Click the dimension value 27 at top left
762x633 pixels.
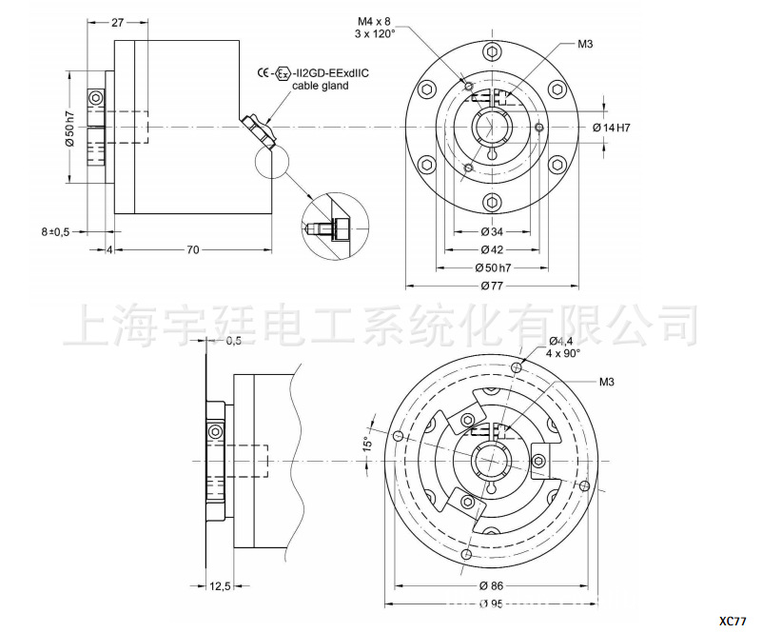click(x=118, y=22)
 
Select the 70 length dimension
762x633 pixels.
click(x=193, y=249)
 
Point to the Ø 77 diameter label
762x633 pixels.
click(x=492, y=285)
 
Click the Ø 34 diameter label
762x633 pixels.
click(x=492, y=231)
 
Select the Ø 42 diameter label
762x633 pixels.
click(x=492, y=249)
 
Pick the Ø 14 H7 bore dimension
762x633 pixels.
click(x=612, y=128)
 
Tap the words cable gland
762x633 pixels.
click(x=320, y=86)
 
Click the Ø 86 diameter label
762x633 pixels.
click(x=492, y=584)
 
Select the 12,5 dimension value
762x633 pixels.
click(x=220, y=585)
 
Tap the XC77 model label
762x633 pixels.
click(x=733, y=623)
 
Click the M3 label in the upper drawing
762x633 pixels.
click(x=585, y=44)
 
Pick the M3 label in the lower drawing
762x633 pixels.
click(x=606, y=382)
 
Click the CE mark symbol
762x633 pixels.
click(x=264, y=73)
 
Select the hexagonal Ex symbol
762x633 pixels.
click(x=283, y=73)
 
